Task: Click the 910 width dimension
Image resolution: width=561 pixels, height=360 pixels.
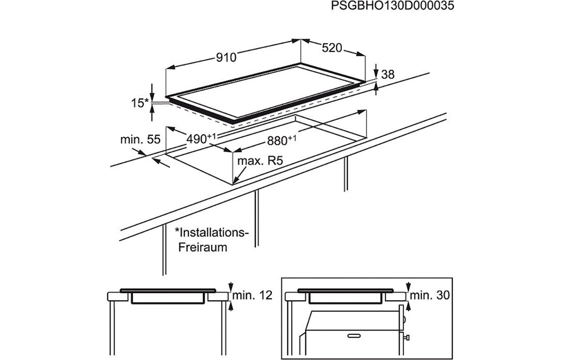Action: click(226, 58)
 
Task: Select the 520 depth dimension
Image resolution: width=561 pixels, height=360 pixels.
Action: click(332, 48)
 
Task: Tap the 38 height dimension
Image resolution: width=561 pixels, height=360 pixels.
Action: click(388, 74)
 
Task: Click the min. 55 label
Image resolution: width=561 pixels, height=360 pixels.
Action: click(140, 140)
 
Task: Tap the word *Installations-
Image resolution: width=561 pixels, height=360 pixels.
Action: click(211, 232)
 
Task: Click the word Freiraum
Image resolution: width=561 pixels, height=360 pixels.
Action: click(202, 247)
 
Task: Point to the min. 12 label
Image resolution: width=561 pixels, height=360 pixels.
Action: click(252, 295)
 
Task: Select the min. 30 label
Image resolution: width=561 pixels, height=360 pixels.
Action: click(430, 295)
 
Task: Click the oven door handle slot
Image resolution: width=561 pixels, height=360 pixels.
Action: click(352, 335)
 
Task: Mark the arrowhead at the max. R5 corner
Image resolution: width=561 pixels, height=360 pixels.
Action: click(234, 182)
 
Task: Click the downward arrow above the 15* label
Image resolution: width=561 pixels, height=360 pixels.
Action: click(152, 94)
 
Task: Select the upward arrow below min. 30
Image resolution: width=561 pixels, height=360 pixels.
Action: click(409, 306)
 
